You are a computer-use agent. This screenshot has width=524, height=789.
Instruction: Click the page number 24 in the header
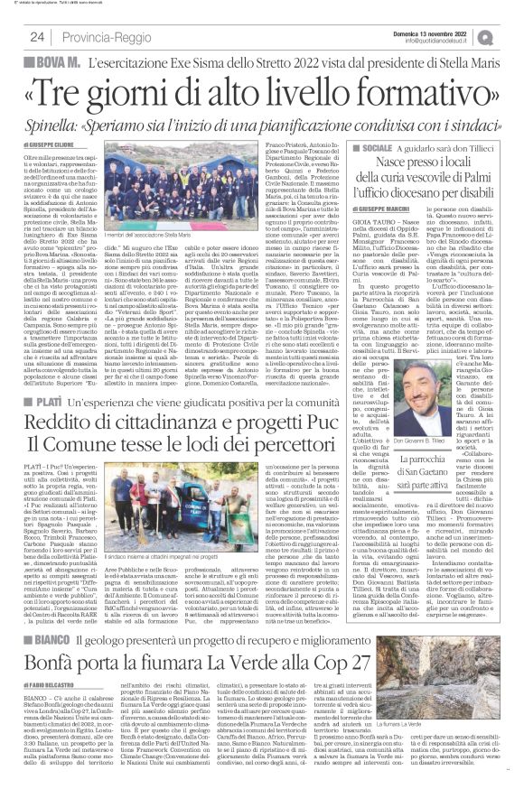(x=37, y=36)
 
